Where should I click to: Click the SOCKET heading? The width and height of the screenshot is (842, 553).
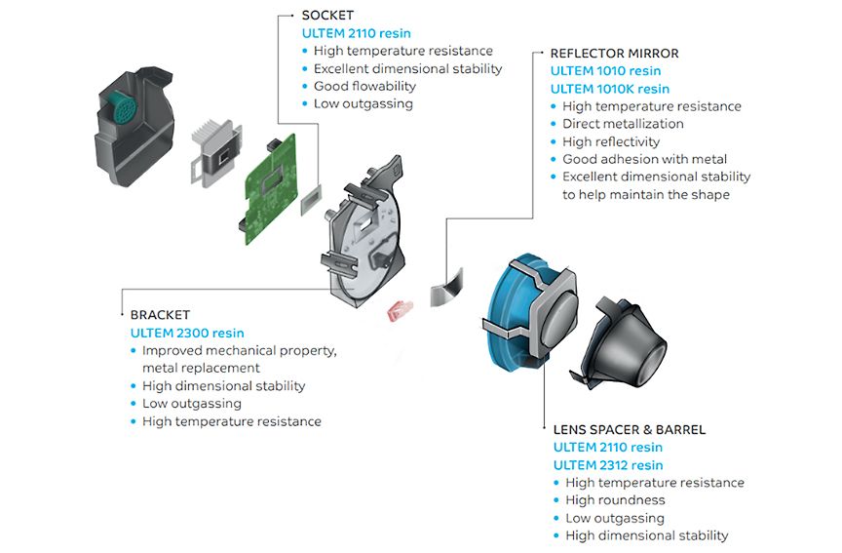coord(328,16)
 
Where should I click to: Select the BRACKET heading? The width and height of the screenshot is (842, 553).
coord(160,315)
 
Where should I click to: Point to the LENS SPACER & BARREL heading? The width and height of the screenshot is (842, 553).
coord(629,429)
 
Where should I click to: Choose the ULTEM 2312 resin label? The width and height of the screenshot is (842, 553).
coord(608,465)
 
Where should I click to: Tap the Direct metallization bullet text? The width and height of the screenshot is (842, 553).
coord(623,124)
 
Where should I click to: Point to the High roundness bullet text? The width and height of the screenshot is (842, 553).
coord(615,500)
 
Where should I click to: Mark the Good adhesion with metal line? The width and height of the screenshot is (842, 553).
coord(644,159)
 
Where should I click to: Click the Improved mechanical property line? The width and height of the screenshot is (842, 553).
coord(239,350)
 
